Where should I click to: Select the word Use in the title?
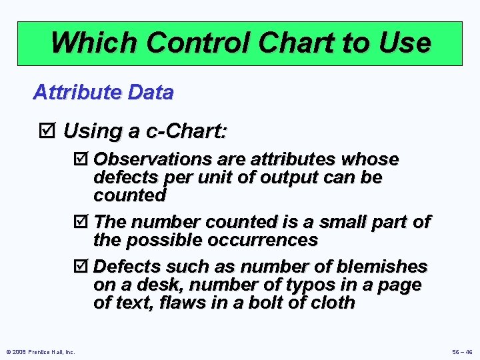[404, 43]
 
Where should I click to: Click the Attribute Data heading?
[103, 92]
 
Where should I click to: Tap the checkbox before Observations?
[81, 160]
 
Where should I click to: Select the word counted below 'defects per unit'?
[129, 196]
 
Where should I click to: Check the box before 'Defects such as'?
[81, 267]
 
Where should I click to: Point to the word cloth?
[331, 303]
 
